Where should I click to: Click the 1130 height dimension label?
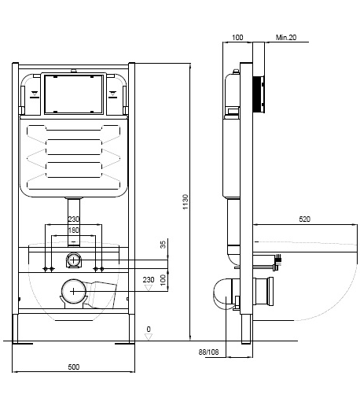[x=186, y=201]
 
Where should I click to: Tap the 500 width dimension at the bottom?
[x=74, y=367]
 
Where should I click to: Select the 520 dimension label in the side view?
[x=304, y=219]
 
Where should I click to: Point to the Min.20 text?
[x=286, y=38]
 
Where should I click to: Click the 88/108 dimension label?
[x=208, y=352]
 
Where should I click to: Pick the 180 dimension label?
[x=74, y=230]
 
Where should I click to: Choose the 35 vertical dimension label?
[x=163, y=245]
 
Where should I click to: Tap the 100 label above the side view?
[x=237, y=38]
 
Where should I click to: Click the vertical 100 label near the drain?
[x=163, y=280]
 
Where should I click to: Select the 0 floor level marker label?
[x=149, y=329]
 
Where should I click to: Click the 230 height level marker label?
[x=149, y=280]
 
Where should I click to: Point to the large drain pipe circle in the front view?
[x=74, y=291]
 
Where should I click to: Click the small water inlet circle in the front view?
[x=74, y=260]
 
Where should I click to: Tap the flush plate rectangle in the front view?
[x=74, y=94]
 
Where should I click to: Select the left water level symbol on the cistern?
[x=35, y=94]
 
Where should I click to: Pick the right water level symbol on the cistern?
[x=113, y=94]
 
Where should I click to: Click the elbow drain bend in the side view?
[x=222, y=293]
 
